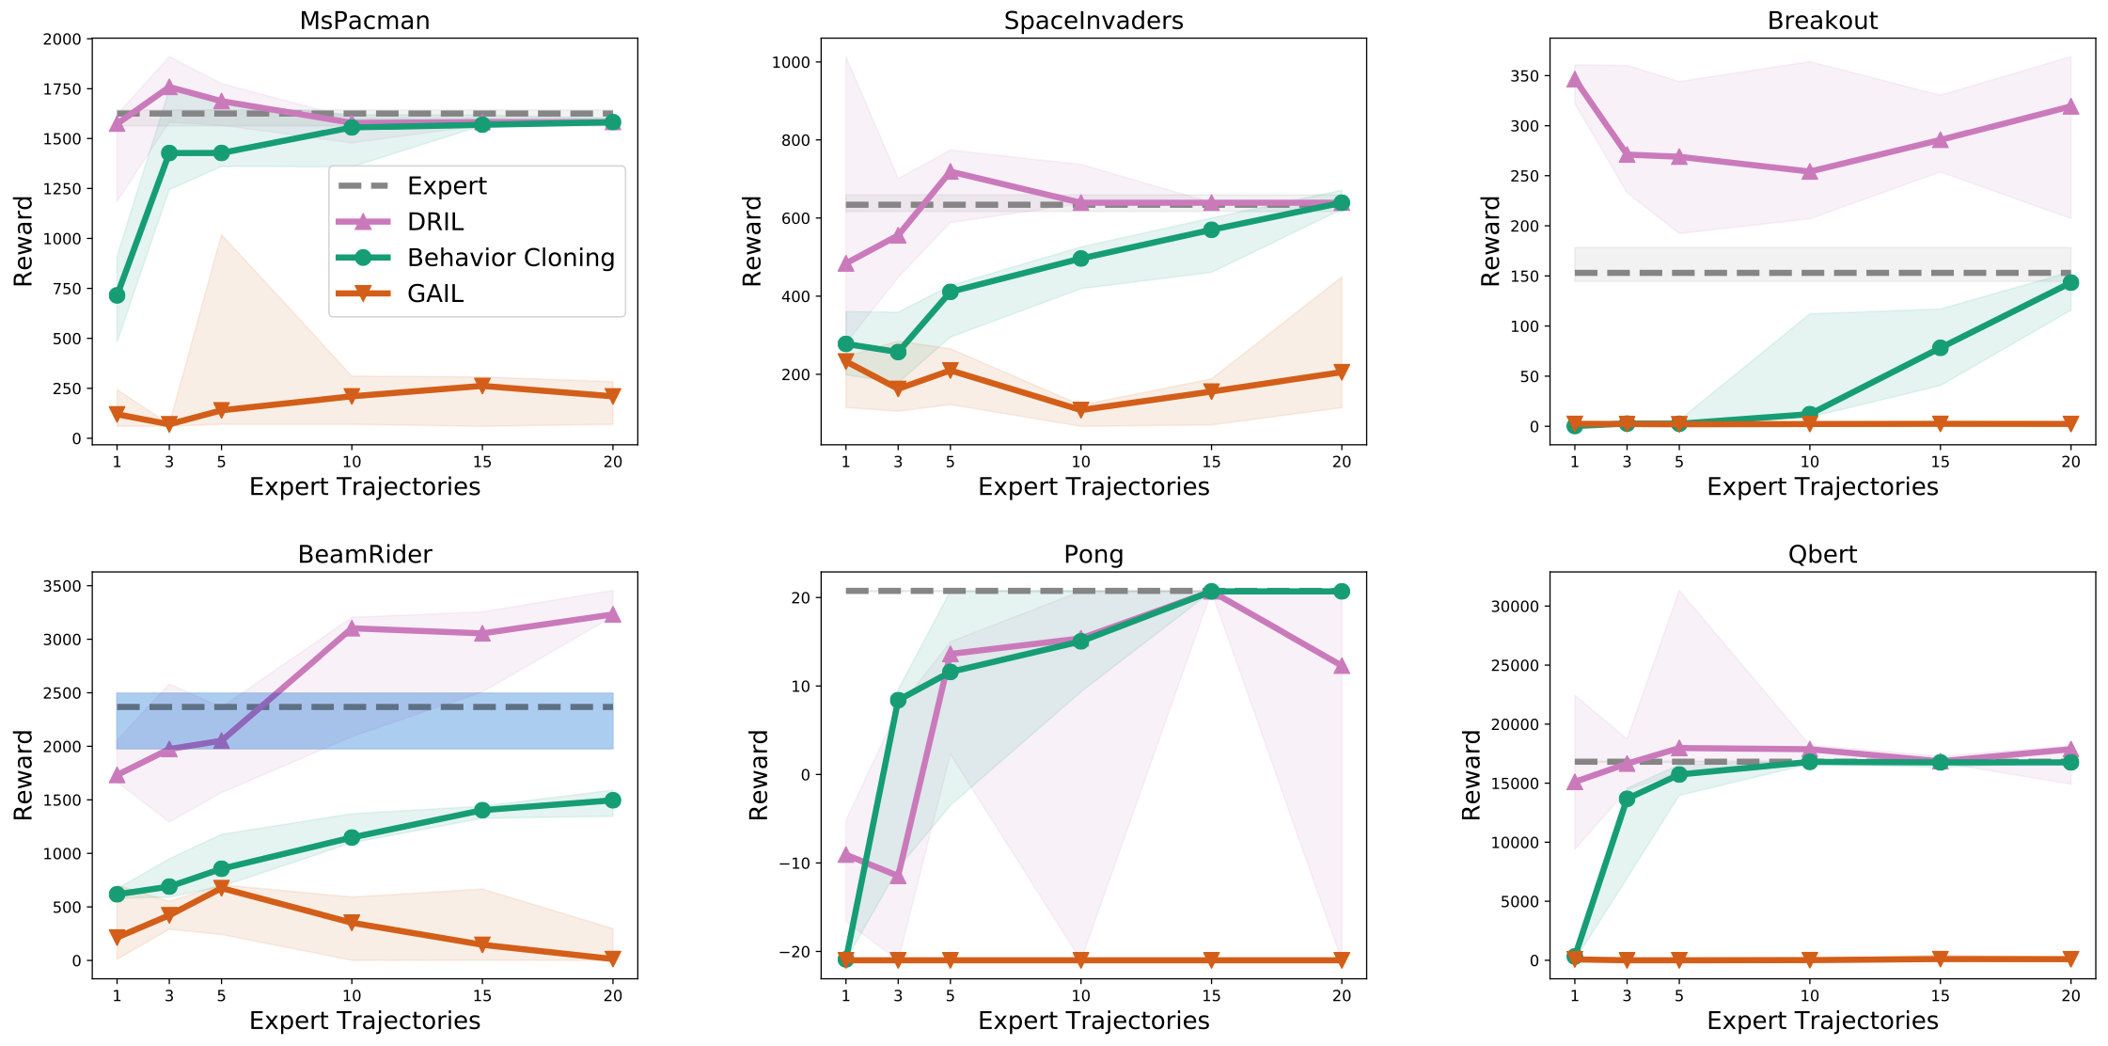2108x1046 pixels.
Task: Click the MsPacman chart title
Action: [x=365, y=21]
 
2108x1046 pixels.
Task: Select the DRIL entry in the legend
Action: [x=435, y=222]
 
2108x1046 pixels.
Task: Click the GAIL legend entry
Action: [x=435, y=294]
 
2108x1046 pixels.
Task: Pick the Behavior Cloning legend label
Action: [x=511, y=258]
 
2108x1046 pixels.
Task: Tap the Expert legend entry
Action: [x=447, y=186]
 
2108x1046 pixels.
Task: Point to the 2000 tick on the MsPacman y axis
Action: [x=62, y=39]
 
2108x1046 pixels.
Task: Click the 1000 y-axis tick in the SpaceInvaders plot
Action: [x=791, y=62]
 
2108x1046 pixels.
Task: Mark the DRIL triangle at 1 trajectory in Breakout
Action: [x=1574, y=80]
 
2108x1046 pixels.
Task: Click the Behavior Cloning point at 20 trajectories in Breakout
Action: [x=2070, y=282]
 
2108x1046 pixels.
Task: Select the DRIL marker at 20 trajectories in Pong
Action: [x=1342, y=666]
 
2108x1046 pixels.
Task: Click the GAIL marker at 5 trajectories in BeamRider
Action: [x=221, y=888]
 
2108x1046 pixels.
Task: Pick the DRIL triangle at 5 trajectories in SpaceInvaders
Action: [x=950, y=172]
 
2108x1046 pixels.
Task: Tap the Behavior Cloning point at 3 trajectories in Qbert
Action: [x=1627, y=800]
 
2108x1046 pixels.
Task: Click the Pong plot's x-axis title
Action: [x=1093, y=1021]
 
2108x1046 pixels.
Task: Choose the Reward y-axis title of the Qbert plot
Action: [x=1471, y=775]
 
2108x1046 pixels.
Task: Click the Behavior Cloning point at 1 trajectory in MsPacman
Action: [x=117, y=295]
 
